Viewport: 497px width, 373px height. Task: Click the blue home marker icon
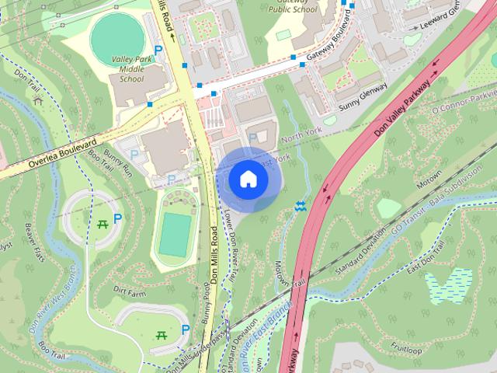pos(248,179)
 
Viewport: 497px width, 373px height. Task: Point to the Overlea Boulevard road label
pos(61,154)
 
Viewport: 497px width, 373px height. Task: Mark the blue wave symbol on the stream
pos(300,206)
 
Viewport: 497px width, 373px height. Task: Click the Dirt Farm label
pos(129,292)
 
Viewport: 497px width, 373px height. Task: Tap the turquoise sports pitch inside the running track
pos(176,234)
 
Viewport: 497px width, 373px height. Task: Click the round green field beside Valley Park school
pos(117,34)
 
